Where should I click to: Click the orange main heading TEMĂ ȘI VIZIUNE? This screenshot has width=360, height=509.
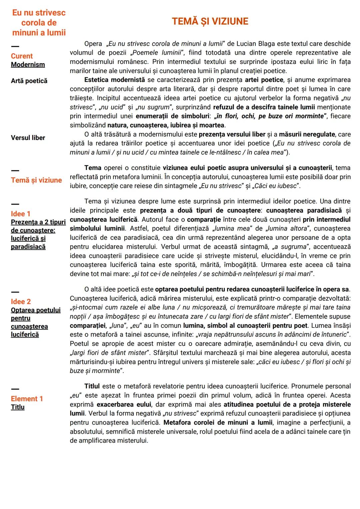(x=210, y=21)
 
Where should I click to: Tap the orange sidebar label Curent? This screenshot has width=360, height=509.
(x=22, y=56)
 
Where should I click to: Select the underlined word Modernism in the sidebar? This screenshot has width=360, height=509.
(x=28, y=65)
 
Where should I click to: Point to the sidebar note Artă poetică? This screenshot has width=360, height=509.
(x=29, y=81)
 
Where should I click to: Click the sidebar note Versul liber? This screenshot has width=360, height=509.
(x=28, y=138)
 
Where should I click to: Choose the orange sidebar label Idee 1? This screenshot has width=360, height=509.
(x=20, y=214)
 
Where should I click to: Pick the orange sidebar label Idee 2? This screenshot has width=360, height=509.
(x=21, y=302)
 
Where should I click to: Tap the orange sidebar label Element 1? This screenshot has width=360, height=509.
(x=27, y=399)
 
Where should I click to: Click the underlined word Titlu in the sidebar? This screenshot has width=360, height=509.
(x=18, y=407)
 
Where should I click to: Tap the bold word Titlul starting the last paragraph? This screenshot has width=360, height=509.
(x=92, y=386)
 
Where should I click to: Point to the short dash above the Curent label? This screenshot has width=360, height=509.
(x=15, y=46)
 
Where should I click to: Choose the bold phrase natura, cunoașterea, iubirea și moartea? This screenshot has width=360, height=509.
(x=166, y=125)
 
